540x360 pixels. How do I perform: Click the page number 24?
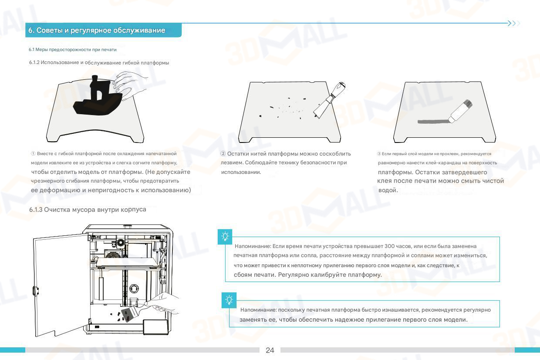(270, 350)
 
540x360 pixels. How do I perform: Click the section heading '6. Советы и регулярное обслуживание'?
(97, 31)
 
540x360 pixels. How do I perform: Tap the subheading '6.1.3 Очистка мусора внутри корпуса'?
(88, 210)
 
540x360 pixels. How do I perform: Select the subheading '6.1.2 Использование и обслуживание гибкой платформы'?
(99, 63)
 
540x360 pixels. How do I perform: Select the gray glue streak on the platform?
(431, 121)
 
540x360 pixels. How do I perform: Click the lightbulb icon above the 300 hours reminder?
(225, 237)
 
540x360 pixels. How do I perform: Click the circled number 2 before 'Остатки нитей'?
(223, 154)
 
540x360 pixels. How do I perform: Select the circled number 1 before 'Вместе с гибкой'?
(33, 154)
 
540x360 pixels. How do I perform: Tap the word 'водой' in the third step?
(388, 190)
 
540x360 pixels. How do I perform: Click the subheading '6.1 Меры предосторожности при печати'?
(73, 50)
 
